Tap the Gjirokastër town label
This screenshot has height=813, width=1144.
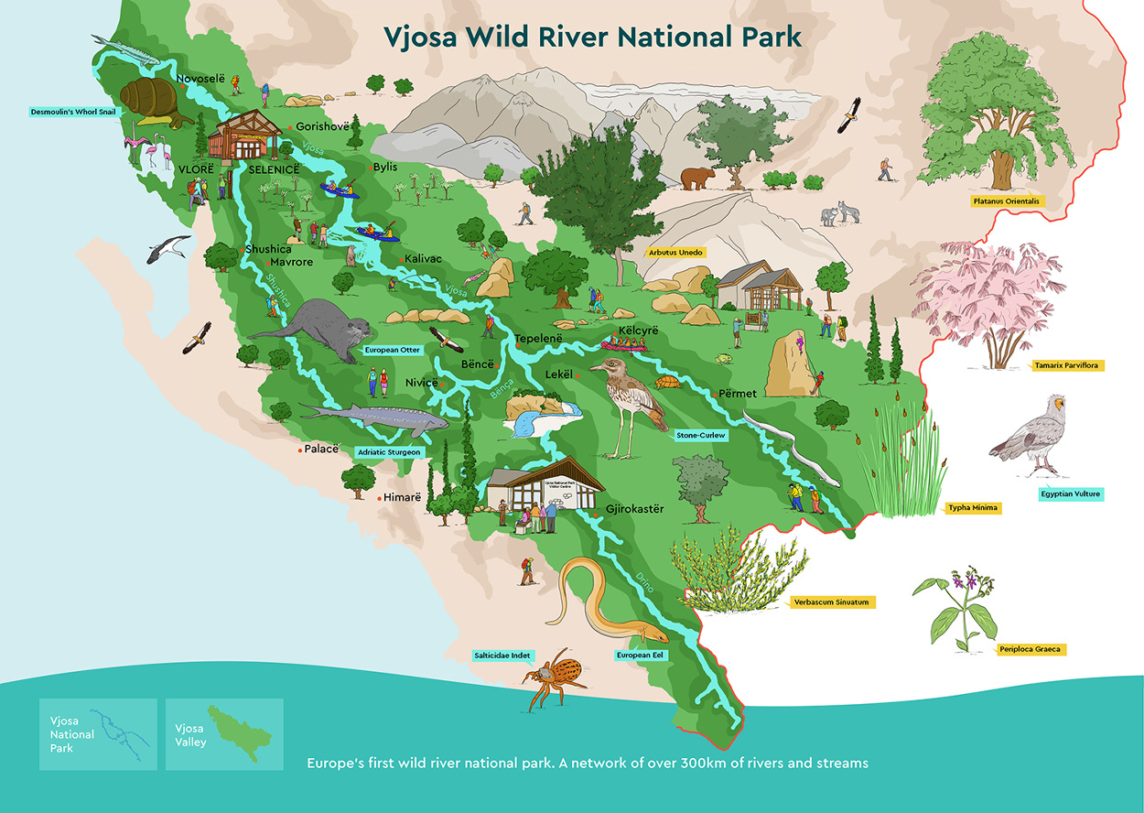pyautogui.click(x=634, y=508)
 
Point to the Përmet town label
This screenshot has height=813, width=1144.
pyautogui.click(x=738, y=394)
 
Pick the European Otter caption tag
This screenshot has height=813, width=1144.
pyautogui.click(x=392, y=350)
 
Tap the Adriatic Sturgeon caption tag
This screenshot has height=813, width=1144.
pyautogui.click(x=390, y=452)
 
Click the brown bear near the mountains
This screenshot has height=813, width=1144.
pyautogui.click(x=699, y=178)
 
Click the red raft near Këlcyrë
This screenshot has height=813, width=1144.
pyautogui.click(x=624, y=344)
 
